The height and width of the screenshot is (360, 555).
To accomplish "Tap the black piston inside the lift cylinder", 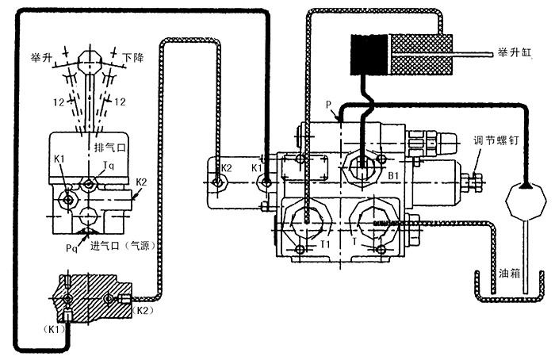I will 367,53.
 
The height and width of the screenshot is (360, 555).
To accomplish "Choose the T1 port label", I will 324,244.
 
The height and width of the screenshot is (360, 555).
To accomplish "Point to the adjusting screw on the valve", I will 477,182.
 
